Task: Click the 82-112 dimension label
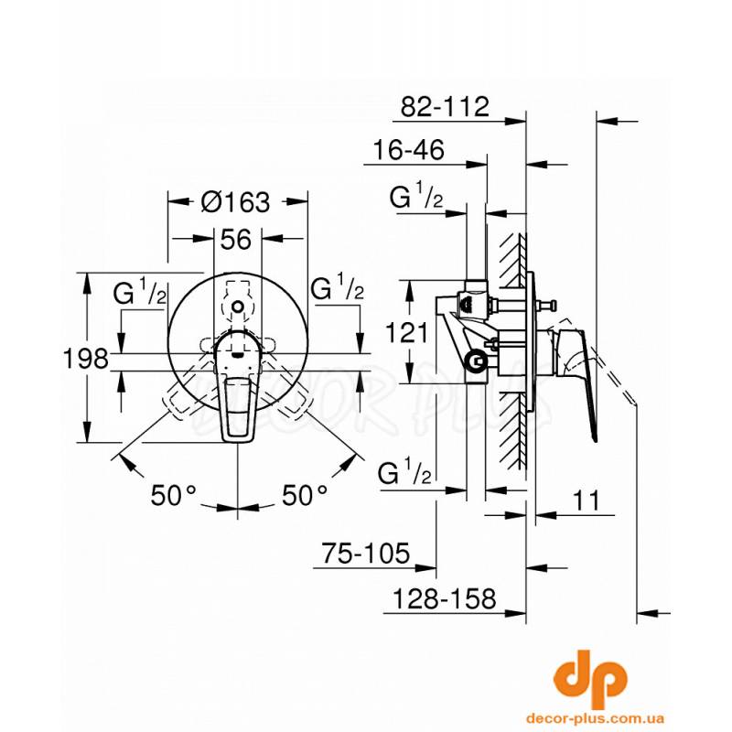coord(445,107)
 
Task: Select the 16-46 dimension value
coord(408,150)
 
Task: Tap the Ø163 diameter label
coord(236,202)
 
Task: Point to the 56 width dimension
coord(236,240)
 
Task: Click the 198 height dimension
coord(85,359)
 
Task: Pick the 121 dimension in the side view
coord(406,333)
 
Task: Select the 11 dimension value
coord(586,501)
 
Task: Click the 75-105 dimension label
coord(365,553)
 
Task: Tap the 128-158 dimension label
coord(445,598)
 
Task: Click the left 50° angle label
coord(174,495)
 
